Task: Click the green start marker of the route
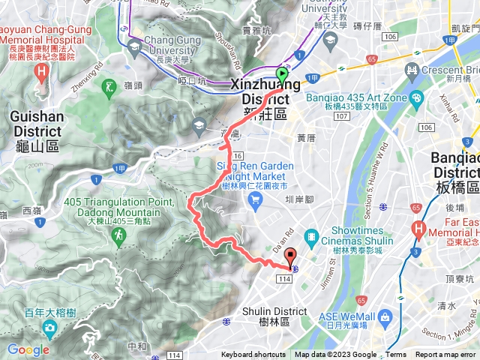pyautogui.click(x=282, y=75)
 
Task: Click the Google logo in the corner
pyautogui.click(x=28, y=349)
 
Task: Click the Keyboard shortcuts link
pyautogui.click(x=253, y=355)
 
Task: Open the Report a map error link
pyautogui.click(x=445, y=355)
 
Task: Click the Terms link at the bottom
pyautogui.click(x=396, y=355)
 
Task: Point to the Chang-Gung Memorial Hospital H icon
pyautogui.click(x=42, y=72)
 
